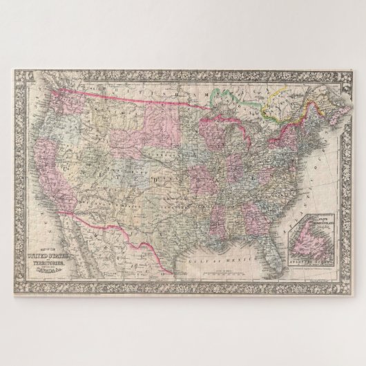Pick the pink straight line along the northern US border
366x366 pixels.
pos(138,90)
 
